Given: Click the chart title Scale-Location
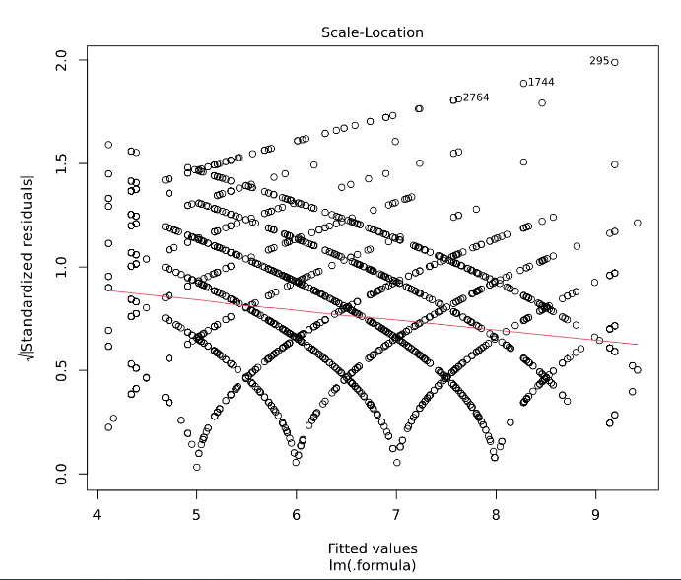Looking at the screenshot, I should click(x=373, y=32).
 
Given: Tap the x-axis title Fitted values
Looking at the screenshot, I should click(x=373, y=548).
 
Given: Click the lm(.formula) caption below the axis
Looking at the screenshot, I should click(x=373, y=565).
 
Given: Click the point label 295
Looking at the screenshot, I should click(x=599, y=61).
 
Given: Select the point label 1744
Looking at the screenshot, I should click(x=541, y=82).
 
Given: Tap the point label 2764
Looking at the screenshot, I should click(x=476, y=97).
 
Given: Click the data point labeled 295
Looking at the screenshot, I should click(x=615, y=62).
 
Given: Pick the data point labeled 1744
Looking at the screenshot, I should click(x=523, y=83).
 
